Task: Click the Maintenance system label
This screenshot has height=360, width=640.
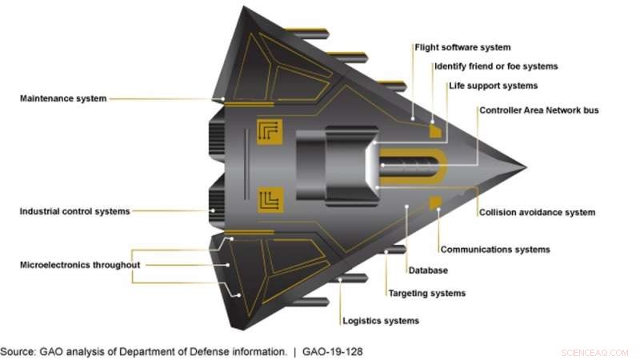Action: tap(63, 98)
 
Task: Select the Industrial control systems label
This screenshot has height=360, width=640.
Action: tap(74, 211)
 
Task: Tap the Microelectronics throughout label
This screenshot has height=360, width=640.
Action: tap(80, 265)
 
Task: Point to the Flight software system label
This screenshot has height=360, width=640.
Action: tap(462, 48)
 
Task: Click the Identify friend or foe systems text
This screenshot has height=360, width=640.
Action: tap(495, 66)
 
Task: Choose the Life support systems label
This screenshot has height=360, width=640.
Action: tap(492, 86)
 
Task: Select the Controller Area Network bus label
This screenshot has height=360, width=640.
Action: tap(538, 110)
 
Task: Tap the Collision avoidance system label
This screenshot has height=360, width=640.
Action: tap(537, 212)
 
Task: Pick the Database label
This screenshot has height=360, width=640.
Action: tap(427, 270)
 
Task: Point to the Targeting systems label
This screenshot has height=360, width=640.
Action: tap(426, 294)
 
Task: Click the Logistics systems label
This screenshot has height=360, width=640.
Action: tap(381, 321)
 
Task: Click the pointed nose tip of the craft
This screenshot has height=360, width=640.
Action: tap(524, 167)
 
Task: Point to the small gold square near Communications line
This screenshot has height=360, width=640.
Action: tap(436, 202)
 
